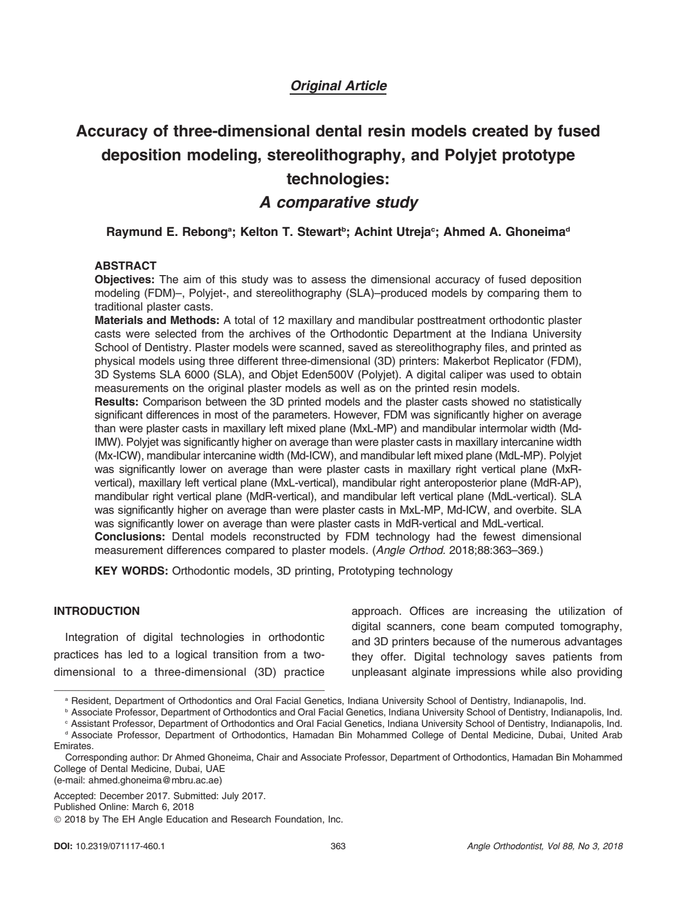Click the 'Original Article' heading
click(x=339, y=86)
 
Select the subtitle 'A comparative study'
click(x=338, y=203)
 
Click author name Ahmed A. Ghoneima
click(x=504, y=232)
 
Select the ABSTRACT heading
click(x=126, y=266)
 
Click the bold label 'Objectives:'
click(x=125, y=280)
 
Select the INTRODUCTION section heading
click(x=97, y=611)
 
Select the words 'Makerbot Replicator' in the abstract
click(x=517, y=361)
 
